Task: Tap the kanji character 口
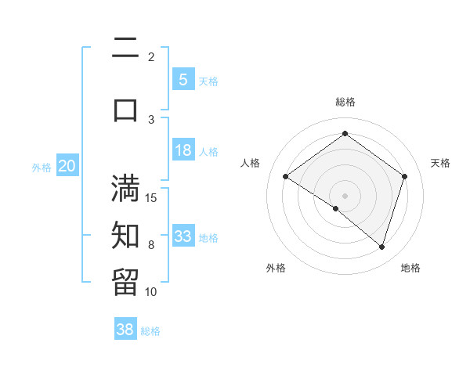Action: click(125, 110)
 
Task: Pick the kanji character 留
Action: click(125, 281)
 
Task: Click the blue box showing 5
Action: click(183, 79)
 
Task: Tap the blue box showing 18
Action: click(183, 150)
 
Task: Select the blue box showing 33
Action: click(183, 236)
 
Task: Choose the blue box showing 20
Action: click(67, 165)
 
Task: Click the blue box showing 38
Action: click(125, 330)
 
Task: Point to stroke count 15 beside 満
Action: click(151, 197)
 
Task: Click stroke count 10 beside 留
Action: click(151, 291)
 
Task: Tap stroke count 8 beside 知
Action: click(151, 245)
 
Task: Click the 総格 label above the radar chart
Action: click(345, 102)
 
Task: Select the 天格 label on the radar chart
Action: click(440, 163)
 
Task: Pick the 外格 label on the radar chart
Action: click(276, 268)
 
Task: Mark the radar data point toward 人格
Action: click(286, 177)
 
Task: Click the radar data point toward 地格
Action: click(381, 247)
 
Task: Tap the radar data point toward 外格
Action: click(336, 208)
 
